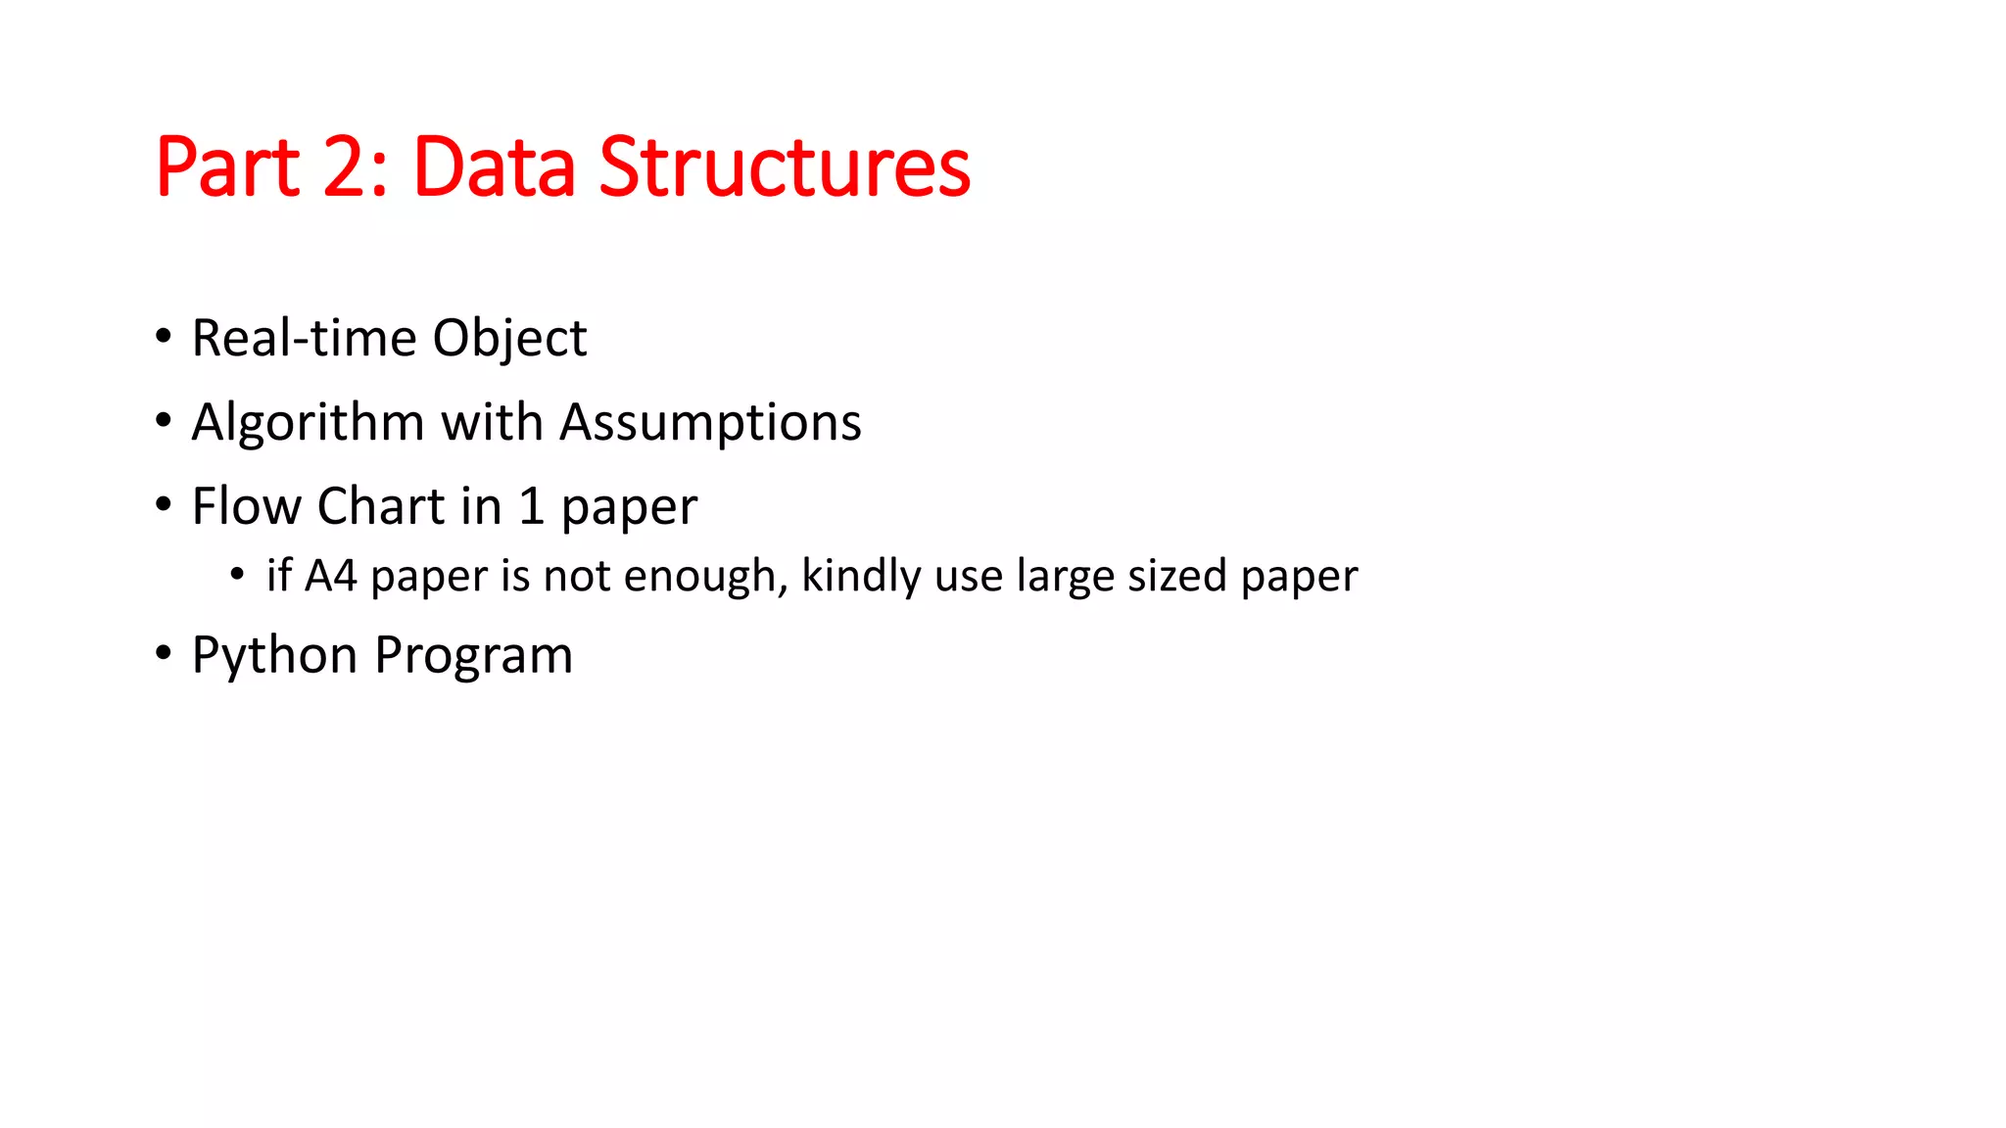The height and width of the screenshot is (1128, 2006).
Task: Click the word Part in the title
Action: [x=227, y=167]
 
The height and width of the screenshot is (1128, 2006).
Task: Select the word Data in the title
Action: [x=495, y=167]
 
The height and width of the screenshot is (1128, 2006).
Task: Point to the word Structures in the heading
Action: [x=785, y=167]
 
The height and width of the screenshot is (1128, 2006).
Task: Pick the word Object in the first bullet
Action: [x=509, y=340]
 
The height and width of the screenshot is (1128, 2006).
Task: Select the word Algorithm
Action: [x=308, y=423]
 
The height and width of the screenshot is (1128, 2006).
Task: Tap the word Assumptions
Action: [x=710, y=423]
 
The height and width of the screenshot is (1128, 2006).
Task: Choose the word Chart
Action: [x=381, y=506]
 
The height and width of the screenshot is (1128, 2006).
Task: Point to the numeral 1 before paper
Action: [x=531, y=506]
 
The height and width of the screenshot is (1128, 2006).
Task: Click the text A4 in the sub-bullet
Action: [x=330, y=576]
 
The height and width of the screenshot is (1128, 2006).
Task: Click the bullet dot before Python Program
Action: [x=164, y=653]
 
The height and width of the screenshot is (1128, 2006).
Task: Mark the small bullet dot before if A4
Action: [x=237, y=575]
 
